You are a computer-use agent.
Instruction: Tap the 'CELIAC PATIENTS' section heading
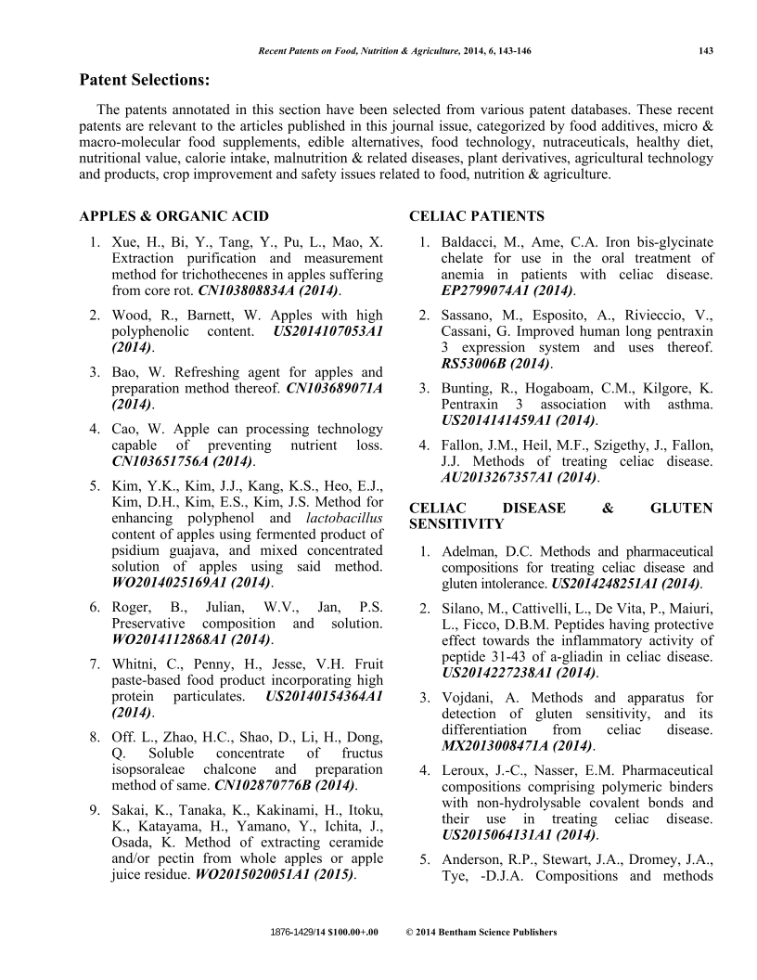click(x=477, y=216)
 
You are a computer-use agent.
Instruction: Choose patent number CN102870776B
click(x=269, y=786)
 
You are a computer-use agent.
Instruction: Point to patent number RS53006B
click(x=482, y=363)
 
